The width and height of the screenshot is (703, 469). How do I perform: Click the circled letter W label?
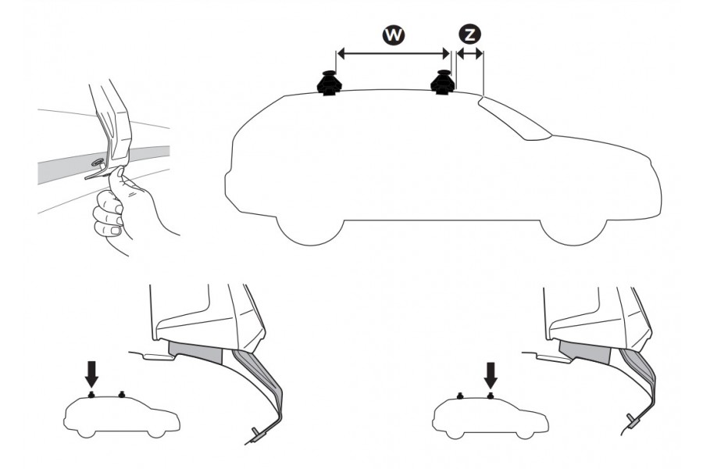coord(393,35)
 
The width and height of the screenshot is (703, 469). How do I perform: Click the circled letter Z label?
coord(469,34)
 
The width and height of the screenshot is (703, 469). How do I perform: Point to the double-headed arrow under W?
coord(393,54)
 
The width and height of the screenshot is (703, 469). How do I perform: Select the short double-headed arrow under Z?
coord(469,54)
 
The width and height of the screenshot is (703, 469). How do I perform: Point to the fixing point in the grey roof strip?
coord(98,163)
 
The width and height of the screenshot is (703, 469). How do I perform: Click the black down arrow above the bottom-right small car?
coord(491,375)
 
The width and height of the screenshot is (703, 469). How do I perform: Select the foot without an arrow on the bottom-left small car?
coord(121,395)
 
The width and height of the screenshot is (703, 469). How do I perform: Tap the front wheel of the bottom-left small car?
coord(157,433)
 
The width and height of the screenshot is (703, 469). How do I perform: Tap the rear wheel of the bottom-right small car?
coord(454,434)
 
